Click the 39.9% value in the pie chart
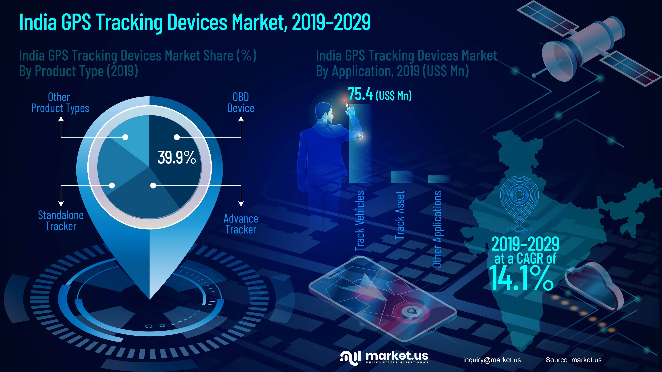(177, 157)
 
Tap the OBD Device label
(241, 103)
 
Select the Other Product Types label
(60, 103)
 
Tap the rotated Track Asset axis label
(400, 215)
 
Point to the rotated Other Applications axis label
(437, 229)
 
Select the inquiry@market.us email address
(492, 360)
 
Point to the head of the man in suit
(324, 112)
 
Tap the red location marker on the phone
(411, 312)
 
